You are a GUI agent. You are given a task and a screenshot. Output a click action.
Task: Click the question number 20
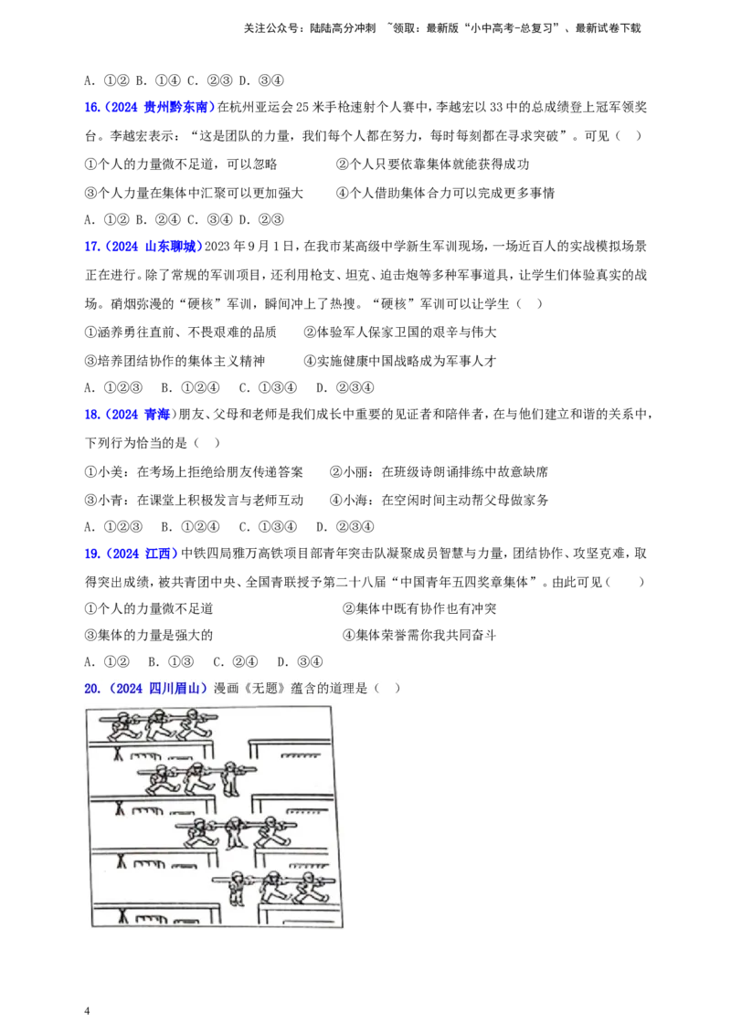click(91, 689)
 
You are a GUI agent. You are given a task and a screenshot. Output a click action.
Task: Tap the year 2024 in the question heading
click(129, 689)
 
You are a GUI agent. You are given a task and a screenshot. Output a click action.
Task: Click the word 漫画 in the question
click(225, 689)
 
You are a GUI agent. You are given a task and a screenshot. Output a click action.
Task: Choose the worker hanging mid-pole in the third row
click(233, 834)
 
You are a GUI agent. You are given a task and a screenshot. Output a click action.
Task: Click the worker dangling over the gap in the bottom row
click(237, 888)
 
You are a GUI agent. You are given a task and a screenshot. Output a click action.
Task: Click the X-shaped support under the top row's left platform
click(120, 753)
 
